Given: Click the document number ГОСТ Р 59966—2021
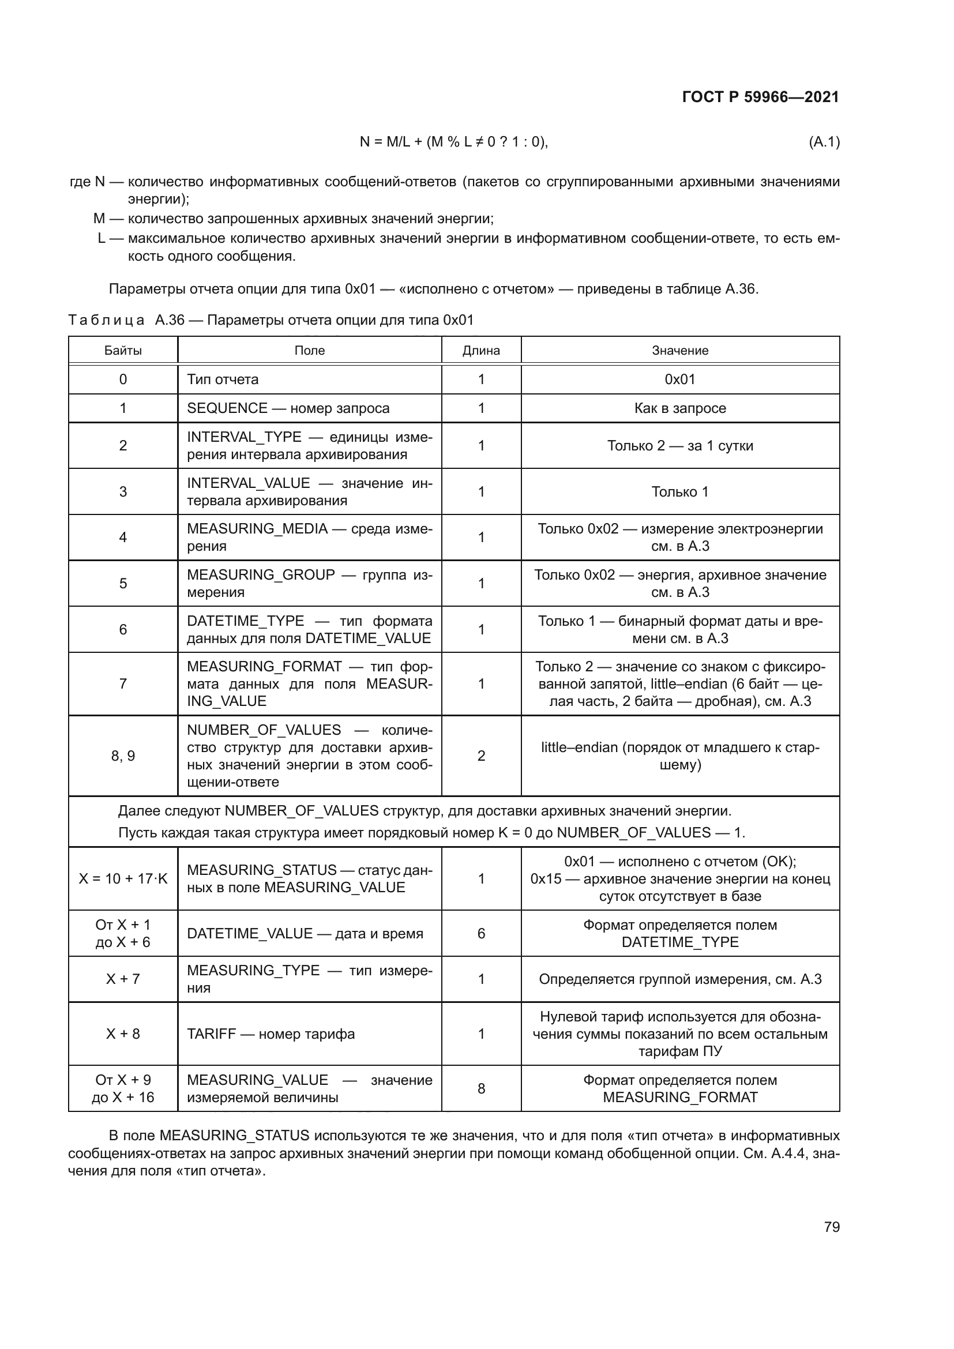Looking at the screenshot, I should [x=760, y=97].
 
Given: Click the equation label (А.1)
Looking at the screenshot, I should [x=824, y=142].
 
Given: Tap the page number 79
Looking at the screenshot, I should [x=831, y=1227].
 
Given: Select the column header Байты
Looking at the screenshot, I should [x=123, y=350].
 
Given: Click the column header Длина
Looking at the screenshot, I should [x=480, y=350].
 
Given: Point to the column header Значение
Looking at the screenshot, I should [x=679, y=350].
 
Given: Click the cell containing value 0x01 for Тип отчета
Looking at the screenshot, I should [x=679, y=379].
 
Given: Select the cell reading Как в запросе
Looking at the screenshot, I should [x=679, y=408].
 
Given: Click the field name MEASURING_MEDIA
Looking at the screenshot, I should [x=257, y=529].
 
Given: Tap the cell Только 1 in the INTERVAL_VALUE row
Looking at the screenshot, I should [x=679, y=491].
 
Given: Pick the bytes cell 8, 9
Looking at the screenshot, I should [x=123, y=756].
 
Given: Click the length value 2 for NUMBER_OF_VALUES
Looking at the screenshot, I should [x=480, y=756].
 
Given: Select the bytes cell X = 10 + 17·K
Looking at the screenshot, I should [x=123, y=878].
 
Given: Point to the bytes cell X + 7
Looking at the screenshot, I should [x=123, y=979].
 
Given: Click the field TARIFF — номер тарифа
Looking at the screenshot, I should [x=271, y=1034].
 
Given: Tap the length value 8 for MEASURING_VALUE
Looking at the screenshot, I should [x=480, y=1088].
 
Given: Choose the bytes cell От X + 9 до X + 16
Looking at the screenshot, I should [x=123, y=1088].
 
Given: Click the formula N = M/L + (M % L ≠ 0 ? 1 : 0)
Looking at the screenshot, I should [x=453, y=142].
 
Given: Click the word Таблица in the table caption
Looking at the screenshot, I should [x=106, y=320].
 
